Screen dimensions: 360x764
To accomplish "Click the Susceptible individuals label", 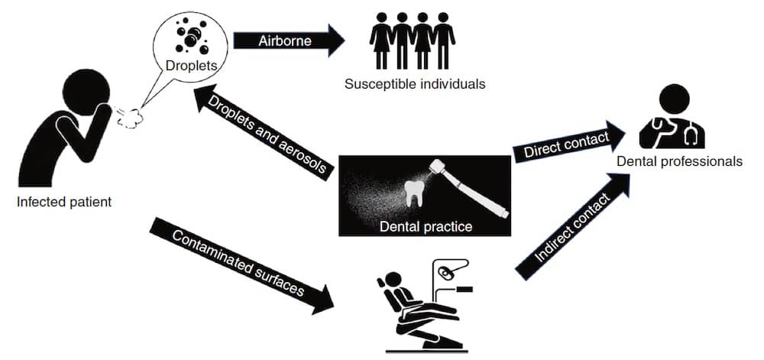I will (x=414, y=83).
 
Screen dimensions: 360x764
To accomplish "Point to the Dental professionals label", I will (x=680, y=161).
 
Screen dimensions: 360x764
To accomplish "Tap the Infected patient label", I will (x=64, y=203).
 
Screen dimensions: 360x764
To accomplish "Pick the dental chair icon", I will (x=416, y=313).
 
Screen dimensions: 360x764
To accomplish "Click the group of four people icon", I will (x=413, y=42).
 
